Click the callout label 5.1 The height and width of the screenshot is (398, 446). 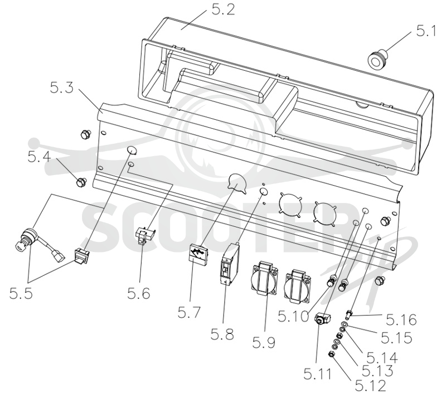(426, 31)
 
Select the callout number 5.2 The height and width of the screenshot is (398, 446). (224, 9)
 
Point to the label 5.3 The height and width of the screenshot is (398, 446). (61, 88)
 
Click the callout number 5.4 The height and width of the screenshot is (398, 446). (39, 157)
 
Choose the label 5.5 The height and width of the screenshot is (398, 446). (21, 293)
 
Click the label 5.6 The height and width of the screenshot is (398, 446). (138, 293)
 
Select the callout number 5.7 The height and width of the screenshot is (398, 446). (189, 312)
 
